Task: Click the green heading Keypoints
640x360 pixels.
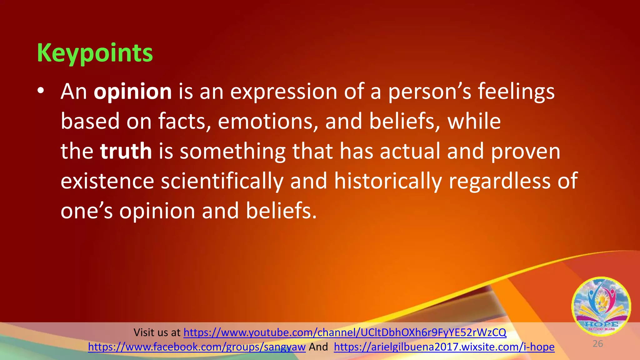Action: [95, 53]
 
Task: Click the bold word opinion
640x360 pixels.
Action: [132, 92]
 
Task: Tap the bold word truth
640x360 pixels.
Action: [126, 151]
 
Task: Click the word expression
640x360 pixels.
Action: [284, 92]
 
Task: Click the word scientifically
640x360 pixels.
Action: [222, 181]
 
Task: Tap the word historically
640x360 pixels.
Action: [388, 181]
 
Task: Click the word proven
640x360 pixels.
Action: [526, 151]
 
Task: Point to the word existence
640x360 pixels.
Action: [107, 181]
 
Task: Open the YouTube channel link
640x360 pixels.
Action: [345, 332]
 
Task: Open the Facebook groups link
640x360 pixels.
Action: [197, 347]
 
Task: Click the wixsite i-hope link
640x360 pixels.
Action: [444, 347]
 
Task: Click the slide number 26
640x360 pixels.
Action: [597, 344]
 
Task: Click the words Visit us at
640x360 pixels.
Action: [157, 332]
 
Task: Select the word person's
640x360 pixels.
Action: [429, 92]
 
